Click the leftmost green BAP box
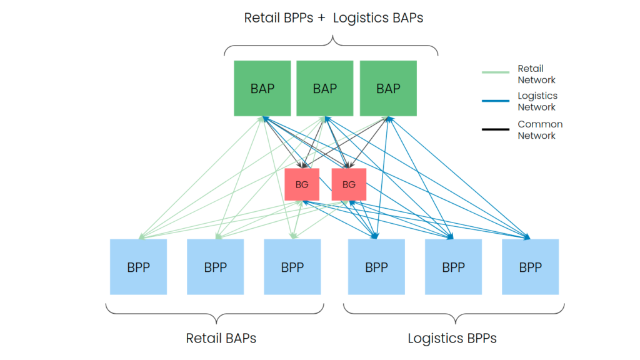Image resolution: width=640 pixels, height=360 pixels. click(x=262, y=88)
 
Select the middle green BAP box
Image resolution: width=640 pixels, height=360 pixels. click(x=325, y=88)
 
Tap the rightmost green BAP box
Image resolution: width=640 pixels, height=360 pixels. click(x=388, y=88)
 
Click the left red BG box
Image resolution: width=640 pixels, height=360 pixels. click(x=302, y=184)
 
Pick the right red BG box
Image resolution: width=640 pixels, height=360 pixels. click(x=349, y=184)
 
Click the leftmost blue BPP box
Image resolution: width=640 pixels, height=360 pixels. click(x=138, y=267)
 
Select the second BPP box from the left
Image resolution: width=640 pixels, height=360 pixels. click(x=216, y=267)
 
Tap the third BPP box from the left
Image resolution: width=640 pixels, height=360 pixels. click(x=292, y=267)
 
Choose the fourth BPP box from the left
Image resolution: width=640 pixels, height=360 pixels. click(x=376, y=267)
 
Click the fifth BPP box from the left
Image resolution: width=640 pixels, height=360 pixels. click(x=454, y=267)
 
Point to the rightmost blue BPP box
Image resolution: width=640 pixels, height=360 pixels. click(x=530, y=267)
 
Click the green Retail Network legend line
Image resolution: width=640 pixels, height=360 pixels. click(x=496, y=72)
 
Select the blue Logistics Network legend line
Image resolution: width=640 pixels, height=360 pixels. click(x=496, y=101)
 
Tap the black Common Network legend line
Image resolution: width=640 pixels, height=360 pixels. click(x=496, y=129)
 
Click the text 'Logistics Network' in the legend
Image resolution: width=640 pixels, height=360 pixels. click(x=537, y=101)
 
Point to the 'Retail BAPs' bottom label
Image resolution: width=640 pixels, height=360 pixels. click(x=221, y=338)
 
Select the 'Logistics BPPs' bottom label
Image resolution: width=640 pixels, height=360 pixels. click(x=452, y=338)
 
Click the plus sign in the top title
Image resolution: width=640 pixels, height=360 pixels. click(x=321, y=18)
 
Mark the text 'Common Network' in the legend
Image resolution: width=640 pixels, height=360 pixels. click(x=540, y=130)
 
